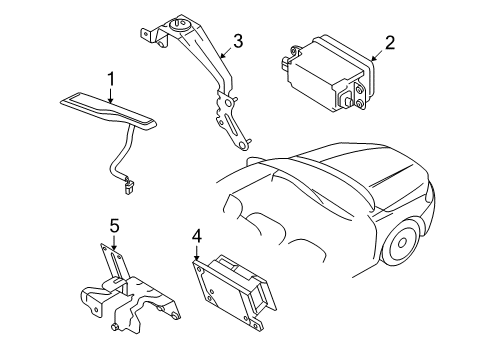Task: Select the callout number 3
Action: click(x=238, y=40)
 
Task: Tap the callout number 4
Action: click(x=197, y=236)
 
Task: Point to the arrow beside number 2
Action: click(x=375, y=56)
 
